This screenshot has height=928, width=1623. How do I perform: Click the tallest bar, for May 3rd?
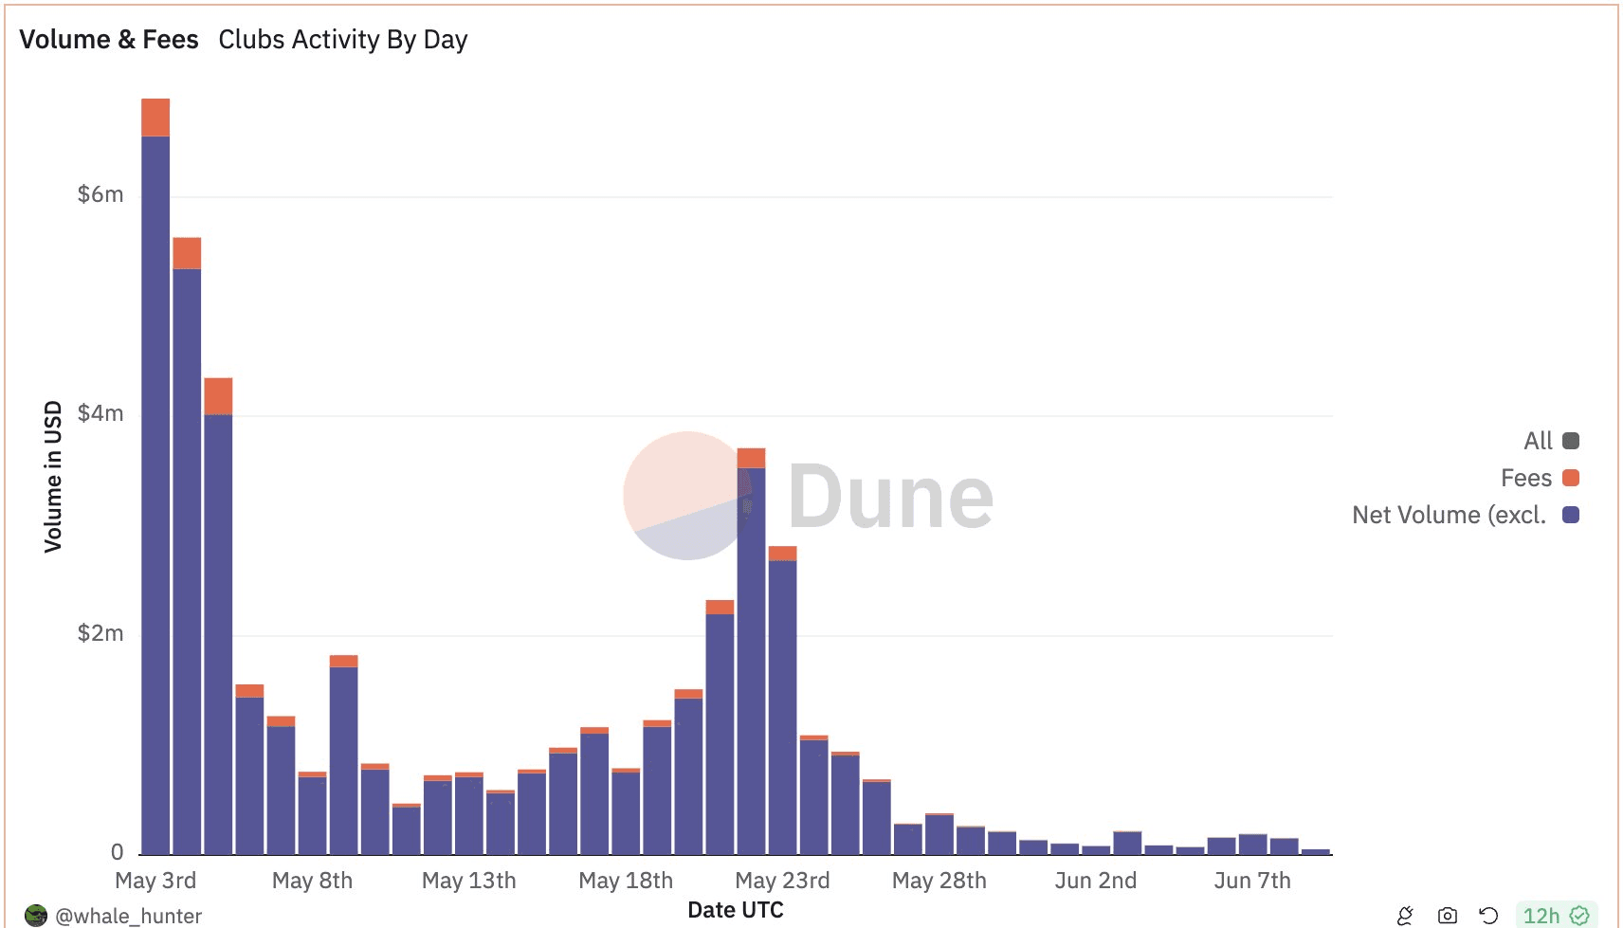155,493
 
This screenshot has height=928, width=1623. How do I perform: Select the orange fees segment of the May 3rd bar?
155,118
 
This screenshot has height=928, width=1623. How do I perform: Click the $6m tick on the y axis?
100,194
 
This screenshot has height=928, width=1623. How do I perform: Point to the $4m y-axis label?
100,413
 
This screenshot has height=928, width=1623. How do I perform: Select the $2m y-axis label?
100,633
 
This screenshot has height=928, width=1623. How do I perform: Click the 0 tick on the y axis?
117,852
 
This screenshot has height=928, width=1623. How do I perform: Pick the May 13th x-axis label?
469,881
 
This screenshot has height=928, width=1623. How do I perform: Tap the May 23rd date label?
782,881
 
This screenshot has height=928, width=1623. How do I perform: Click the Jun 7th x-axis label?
1252,881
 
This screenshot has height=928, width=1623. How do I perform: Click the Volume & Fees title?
109,40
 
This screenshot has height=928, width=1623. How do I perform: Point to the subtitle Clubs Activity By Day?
343,40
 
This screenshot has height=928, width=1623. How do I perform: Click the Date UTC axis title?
736,910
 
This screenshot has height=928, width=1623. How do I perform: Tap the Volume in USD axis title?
53,477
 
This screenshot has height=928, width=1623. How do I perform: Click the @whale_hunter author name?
128,916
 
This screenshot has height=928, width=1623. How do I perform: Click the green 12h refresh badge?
1556,916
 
